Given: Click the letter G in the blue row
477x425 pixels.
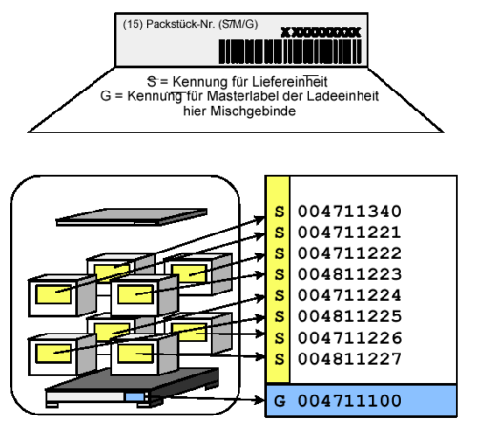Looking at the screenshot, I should pyautogui.click(x=279, y=398).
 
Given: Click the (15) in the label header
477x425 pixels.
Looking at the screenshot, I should pyautogui.click(x=133, y=22).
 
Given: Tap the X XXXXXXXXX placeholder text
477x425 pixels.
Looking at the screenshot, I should pyautogui.click(x=321, y=32).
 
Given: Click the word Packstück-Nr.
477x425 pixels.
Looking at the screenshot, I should pyautogui.click(x=178, y=22).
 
